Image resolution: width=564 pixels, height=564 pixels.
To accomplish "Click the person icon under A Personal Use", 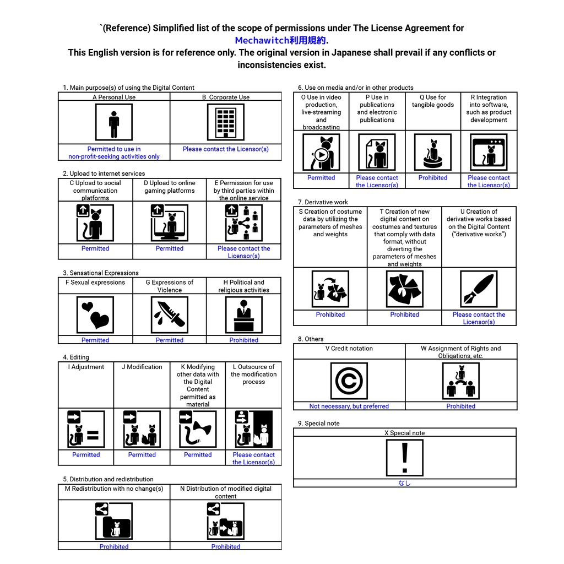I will [x=114, y=122].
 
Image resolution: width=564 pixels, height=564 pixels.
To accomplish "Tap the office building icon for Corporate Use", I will [x=225, y=122].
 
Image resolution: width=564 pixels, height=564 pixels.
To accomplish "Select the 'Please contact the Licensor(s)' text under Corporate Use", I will [x=225, y=149].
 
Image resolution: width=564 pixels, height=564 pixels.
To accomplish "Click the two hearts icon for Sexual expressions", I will [x=95, y=315].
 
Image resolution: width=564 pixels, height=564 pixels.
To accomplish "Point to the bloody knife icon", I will [x=170, y=315].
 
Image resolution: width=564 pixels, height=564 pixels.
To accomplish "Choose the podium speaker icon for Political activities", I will [x=244, y=315].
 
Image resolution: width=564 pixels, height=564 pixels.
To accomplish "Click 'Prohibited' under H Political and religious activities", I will [x=244, y=340].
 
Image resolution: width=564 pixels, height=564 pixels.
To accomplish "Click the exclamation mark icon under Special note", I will [x=405, y=458].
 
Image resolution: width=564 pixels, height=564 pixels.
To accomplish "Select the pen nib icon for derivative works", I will [x=479, y=289].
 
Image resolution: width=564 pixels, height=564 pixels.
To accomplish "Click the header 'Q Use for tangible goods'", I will [x=433, y=101].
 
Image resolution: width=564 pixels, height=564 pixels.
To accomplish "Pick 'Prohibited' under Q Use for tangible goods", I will [x=433, y=178].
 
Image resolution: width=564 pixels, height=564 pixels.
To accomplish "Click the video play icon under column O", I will [x=321, y=153].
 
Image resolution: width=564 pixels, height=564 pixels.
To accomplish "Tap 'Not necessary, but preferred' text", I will [x=349, y=406].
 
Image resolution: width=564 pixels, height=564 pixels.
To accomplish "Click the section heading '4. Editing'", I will [x=76, y=357].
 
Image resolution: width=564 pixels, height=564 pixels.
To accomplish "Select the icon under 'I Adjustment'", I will [x=86, y=429].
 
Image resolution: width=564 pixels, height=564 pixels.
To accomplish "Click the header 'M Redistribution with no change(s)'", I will [x=114, y=489].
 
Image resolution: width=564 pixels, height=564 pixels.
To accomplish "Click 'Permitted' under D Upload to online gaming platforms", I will [x=170, y=248].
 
